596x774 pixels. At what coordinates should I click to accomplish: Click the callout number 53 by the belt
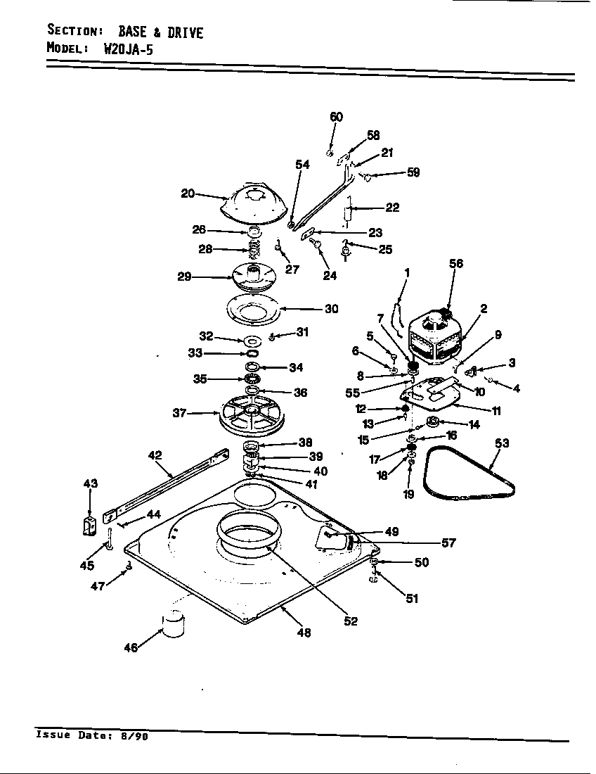click(502, 443)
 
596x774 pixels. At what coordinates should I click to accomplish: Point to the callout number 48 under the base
click(304, 633)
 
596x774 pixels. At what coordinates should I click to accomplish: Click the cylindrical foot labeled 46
click(173, 624)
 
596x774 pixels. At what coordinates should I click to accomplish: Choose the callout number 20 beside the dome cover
click(188, 193)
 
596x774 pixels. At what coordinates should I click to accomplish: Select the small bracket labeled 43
click(89, 525)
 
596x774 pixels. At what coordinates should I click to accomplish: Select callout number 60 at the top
click(337, 117)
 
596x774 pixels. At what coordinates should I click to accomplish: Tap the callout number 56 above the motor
click(456, 263)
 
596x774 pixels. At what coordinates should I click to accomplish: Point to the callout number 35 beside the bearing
click(200, 379)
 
